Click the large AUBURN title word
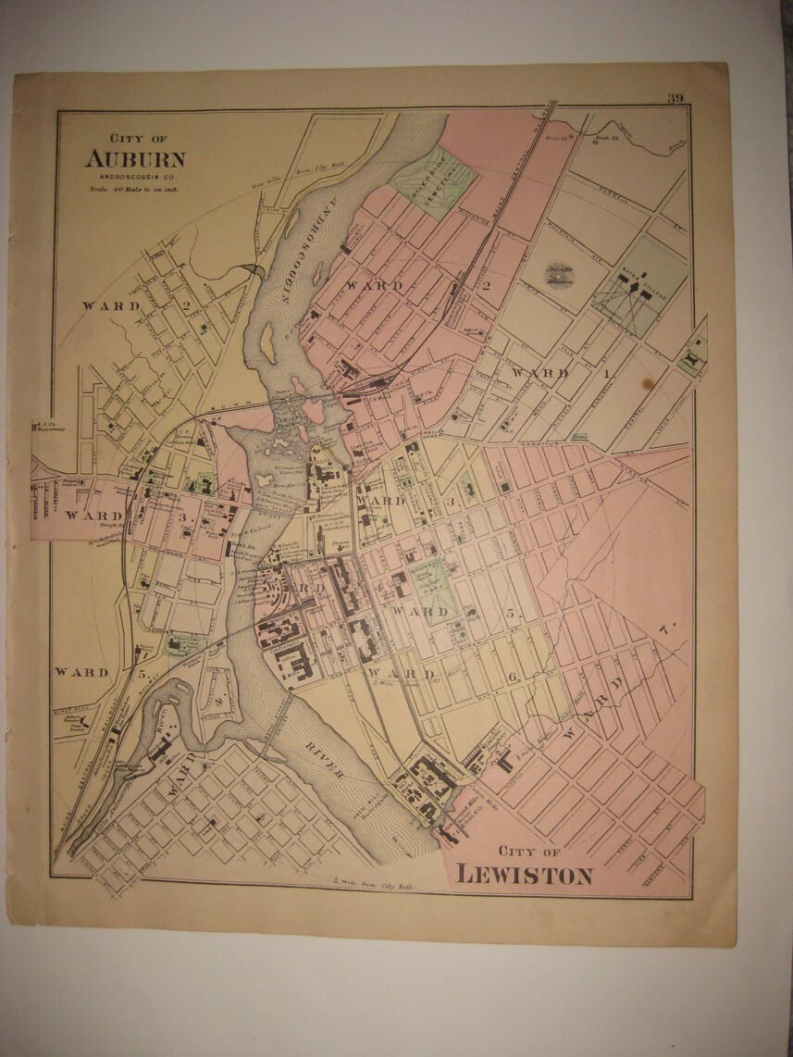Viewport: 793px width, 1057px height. point(135,158)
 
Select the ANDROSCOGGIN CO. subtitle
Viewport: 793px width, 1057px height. point(135,176)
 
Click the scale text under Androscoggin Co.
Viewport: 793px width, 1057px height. point(134,188)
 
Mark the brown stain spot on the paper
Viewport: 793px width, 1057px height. point(648,382)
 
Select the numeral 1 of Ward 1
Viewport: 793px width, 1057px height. point(608,373)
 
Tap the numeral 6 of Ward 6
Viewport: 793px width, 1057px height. point(511,677)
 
